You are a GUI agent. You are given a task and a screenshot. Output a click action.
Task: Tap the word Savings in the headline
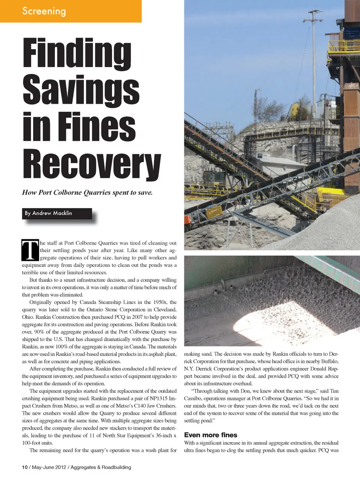click(x=81, y=90)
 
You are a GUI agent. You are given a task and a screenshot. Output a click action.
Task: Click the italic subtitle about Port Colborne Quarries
click(x=87, y=193)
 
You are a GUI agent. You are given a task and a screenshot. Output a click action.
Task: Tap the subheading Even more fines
click(x=210, y=435)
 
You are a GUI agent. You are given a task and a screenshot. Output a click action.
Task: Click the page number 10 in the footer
click(x=25, y=467)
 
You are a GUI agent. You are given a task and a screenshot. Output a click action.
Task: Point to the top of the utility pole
click(x=313, y=15)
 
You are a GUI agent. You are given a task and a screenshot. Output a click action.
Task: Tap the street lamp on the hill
click(x=258, y=91)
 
